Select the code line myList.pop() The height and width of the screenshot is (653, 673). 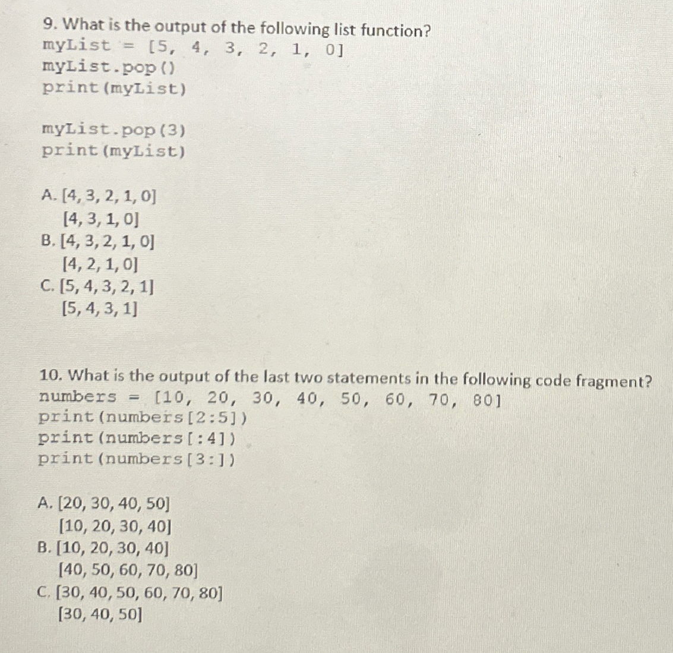pyautogui.click(x=109, y=67)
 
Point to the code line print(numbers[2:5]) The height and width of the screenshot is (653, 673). pyautogui.click(x=143, y=418)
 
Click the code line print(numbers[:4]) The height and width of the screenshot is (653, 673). pyautogui.click(x=137, y=439)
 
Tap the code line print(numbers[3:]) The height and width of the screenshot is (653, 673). pyautogui.click(x=137, y=459)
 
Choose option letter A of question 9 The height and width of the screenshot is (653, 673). pyautogui.click(x=48, y=194)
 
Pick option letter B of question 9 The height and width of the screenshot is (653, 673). pyautogui.click(x=48, y=241)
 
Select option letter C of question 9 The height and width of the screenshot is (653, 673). pyautogui.click(x=48, y=286)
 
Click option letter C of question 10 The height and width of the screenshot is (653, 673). pyautogui.click(x=43, y=592)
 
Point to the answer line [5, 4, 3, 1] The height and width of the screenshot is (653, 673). pyautogui.click(x=99, y=309)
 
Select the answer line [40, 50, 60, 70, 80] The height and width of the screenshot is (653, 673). pyautogui.click(x=127, y=571)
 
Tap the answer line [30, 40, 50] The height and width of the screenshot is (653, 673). pyautogui.click(x=100, y=614)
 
